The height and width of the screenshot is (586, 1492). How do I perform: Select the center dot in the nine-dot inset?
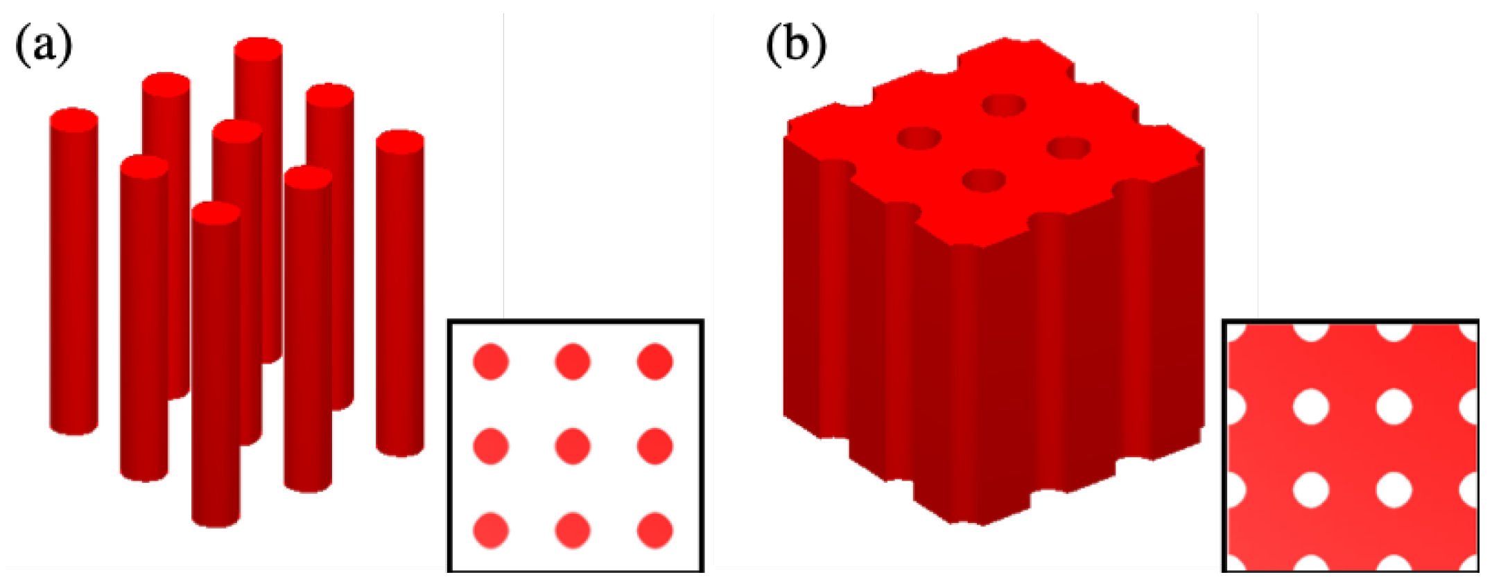[x=573, y=445]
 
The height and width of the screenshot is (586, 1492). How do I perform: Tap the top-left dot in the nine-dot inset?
[x=491, y=361]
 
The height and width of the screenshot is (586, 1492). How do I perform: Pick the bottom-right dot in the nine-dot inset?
[x=654, y=531]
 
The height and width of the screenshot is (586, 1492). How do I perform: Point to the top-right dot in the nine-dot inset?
[x=654, y=361]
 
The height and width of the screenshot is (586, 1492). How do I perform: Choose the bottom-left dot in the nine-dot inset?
[x=491, y=531]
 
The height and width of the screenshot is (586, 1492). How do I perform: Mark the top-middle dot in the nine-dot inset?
[x=573, y=361]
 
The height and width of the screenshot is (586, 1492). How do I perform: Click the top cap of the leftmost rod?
[x=73, y=119]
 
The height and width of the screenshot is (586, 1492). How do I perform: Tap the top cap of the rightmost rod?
[x=400, y=141]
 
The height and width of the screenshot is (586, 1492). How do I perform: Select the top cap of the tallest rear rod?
[x=258, y=48]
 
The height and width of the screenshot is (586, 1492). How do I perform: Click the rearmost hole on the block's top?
[x=1005, y=105]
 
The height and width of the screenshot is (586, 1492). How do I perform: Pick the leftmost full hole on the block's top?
[x=919, y=138]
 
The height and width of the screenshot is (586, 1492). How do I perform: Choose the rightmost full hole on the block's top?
[x=1068, y=148]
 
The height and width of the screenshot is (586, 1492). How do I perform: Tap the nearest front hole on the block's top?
[x=984, y=181]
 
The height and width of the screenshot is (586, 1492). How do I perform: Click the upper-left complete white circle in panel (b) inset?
[x=1310, y=406]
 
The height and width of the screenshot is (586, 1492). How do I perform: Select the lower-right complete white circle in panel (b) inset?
[x=1394, y=490]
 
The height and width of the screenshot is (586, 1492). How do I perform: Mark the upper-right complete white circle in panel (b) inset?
[x=1394, y=406]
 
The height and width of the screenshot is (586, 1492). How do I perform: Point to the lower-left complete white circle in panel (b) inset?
[x=1310, y=490]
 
